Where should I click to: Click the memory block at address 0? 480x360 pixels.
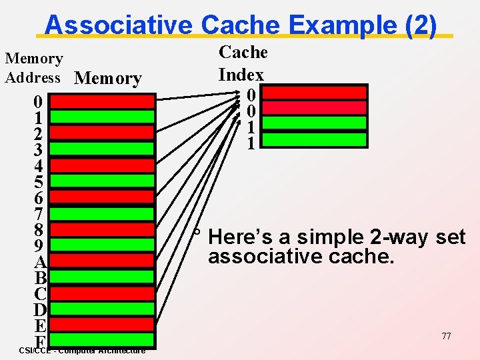(102, 101)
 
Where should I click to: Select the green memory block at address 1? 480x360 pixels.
(102, 117)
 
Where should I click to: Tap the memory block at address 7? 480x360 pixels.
(102, 213)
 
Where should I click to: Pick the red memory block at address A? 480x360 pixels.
(102, 261)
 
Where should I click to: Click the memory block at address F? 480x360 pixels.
(102, 341)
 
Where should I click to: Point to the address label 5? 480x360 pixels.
(39, 182)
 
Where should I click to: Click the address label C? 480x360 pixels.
(39, 294)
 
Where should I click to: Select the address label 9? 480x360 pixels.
(39, 246)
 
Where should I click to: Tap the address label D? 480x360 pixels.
(39, 310)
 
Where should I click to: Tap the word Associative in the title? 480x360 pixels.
(119, 25)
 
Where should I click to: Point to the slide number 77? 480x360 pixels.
(446, 336)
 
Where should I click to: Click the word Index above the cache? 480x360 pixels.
(241, 75)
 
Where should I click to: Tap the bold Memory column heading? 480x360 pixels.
(108, 79)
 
